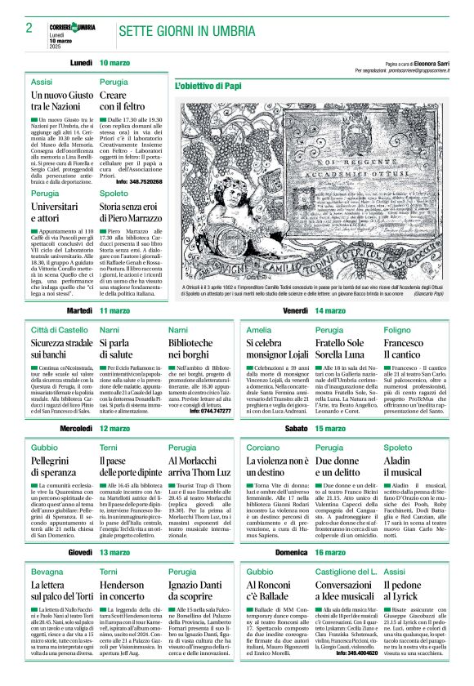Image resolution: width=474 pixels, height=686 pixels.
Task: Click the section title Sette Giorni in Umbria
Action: pos(186,32)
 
